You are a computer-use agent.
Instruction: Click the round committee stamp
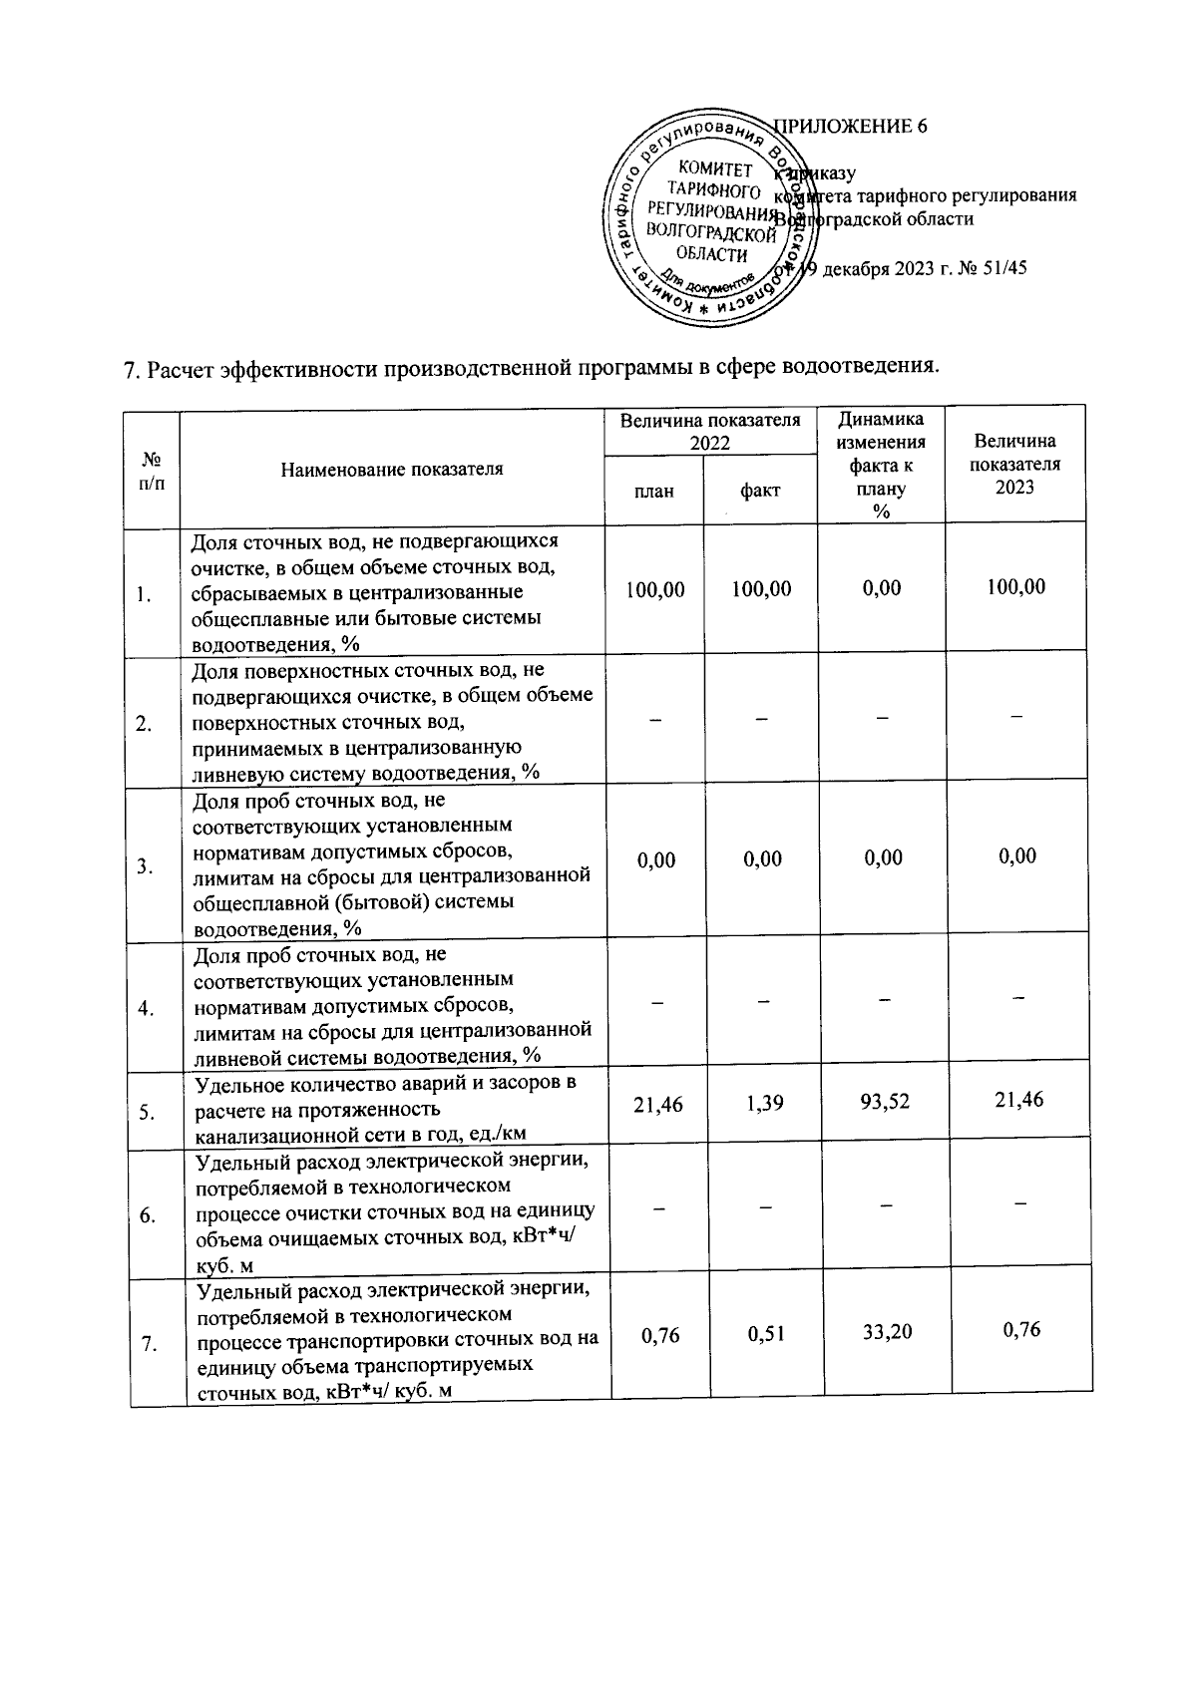710,218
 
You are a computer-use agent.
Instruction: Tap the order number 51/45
1000,268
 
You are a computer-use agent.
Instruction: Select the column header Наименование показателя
391,469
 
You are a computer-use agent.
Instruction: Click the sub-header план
654,491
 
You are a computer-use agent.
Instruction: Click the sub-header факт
760,491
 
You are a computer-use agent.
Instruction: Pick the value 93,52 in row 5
883,1103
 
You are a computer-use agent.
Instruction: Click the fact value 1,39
764,1103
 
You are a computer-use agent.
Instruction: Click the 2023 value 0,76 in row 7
1020,1329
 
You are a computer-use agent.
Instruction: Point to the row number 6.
148,1215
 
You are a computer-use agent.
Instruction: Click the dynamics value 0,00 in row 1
882,588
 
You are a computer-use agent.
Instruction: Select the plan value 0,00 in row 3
656,859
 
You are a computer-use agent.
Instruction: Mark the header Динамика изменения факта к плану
881,465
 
